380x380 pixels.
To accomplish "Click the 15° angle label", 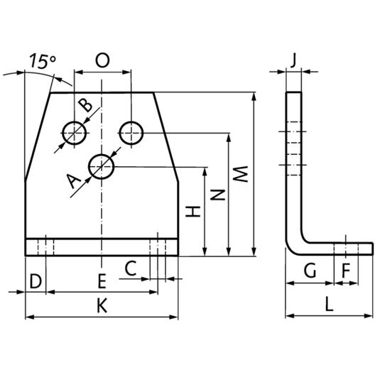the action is (x=43, y=61).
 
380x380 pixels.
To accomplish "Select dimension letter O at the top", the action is (x=102, y=60).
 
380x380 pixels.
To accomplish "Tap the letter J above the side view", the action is (x=293, y=60).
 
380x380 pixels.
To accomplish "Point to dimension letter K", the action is (x=102, y=305).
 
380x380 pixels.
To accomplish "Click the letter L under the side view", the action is (x=330, y=304).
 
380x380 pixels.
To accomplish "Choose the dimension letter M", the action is (x=240, y=174).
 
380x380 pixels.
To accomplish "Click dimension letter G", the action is (x=310, y=271).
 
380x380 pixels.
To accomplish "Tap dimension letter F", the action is (x=346, y=271).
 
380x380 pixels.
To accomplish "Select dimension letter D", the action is (x=36, y=281).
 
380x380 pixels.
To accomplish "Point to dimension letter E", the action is (x=102, y=281).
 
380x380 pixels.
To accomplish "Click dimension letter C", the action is (x=131, y=268).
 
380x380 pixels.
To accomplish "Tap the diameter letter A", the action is (x=73, y=181).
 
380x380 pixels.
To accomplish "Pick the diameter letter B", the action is (x=85, y=105).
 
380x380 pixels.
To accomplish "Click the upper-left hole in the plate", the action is (x=75, y=133).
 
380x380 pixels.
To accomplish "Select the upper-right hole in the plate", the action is (x=131, y=133).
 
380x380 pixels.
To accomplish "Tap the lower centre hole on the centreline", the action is (x=102, y=167).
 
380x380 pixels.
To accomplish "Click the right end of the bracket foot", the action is (x=372, y=249).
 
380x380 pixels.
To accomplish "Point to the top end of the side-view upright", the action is (x=294, y=92).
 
